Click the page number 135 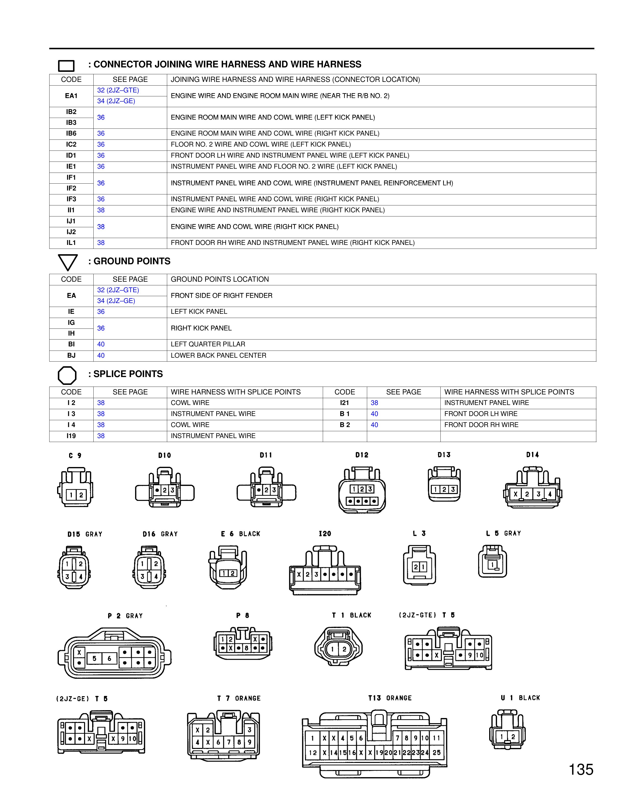[x=581, y=770]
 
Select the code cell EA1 [x=71, y=96]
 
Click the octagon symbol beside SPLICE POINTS [x=67, y=375]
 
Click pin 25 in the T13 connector [x=437, y=753]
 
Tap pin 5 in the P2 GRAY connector [x=94, y=658]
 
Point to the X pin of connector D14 [x=515, y=494]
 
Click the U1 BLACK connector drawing [x=507, y=730]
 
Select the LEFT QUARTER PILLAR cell [x=208, y=344]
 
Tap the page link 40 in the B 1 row [x=374, y=414]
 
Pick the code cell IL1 [x=71, y=243]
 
